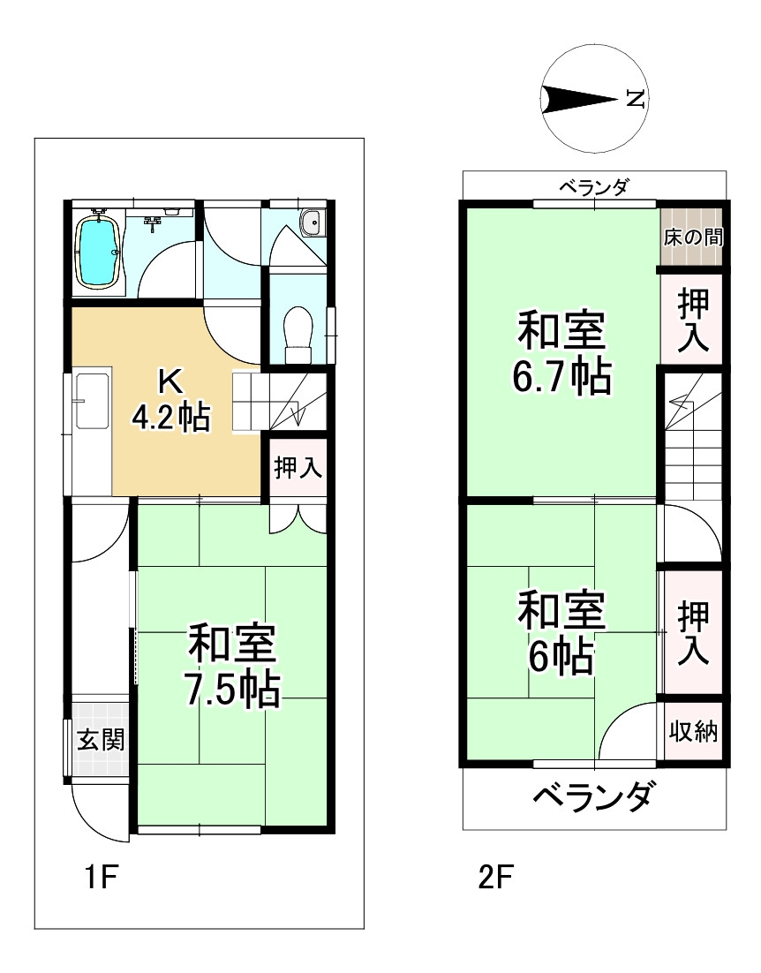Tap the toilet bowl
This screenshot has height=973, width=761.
click(x=298, y=333)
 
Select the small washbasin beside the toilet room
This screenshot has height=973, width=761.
click(x=312, y=224)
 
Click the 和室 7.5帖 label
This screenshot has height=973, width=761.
click(x=232, y=665)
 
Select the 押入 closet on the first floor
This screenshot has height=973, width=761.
click(x=298, y=468)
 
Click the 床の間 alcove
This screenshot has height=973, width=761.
click(x=692, y=238)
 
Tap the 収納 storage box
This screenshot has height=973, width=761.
click(x=692, y=732)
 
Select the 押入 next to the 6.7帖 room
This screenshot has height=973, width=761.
click(x=692, y=320)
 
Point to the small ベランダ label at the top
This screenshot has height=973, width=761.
click(x=594, y=186)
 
